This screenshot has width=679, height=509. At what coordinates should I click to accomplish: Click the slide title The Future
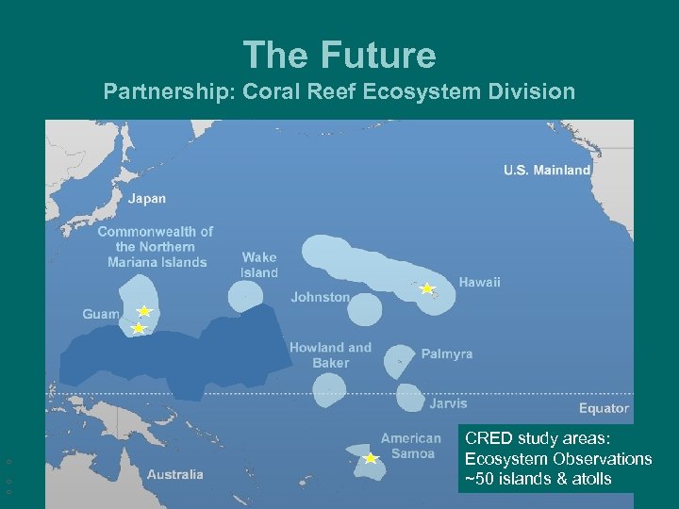(339, 55)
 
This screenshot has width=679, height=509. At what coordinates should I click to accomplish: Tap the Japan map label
(146, 199)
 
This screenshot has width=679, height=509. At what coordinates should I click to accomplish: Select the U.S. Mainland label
(546, 171)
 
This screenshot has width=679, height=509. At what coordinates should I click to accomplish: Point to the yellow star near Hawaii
(426, 288)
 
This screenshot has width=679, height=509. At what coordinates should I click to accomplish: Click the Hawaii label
(479, 282)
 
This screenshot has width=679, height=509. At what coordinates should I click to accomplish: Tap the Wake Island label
(259, 265)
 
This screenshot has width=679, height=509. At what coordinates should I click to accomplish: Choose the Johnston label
(320, 297)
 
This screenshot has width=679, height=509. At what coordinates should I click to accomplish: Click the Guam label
(101, 314)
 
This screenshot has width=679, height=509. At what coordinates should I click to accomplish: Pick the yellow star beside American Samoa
(371, 459)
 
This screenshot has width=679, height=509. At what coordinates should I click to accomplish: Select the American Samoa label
(410, 446)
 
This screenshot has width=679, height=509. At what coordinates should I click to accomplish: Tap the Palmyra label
(446, 354)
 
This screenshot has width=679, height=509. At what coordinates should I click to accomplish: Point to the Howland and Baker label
(330, 355)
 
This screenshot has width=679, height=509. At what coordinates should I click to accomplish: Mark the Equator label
(603, 408)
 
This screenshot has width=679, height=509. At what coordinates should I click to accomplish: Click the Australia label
(174, 474)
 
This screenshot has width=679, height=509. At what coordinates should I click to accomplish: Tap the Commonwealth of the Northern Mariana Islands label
(156, 247)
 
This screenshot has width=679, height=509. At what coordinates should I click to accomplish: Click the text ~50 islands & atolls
(538, 479)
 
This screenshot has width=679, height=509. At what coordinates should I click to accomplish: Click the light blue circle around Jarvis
(409, 398)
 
